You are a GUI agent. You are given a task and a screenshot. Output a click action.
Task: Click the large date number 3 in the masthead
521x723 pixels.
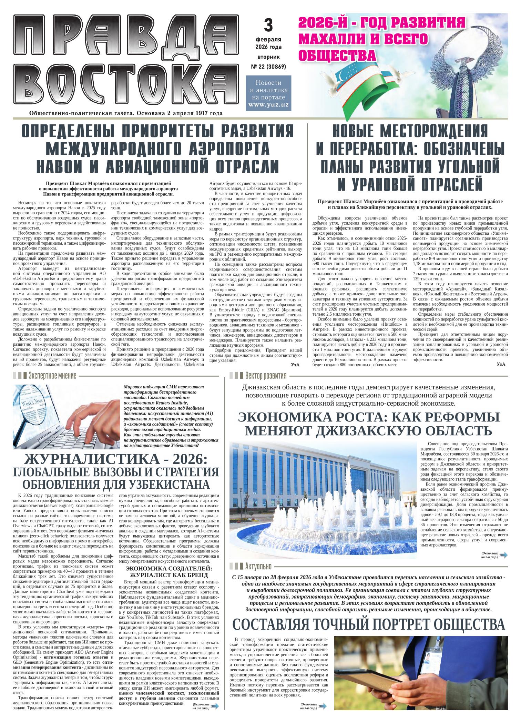click(268, 25)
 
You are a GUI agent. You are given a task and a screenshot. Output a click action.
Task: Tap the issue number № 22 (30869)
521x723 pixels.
click(268, 66)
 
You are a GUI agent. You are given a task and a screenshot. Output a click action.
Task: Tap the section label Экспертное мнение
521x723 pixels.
click(52, 375)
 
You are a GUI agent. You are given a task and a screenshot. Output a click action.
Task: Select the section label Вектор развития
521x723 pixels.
click(265, 375)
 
